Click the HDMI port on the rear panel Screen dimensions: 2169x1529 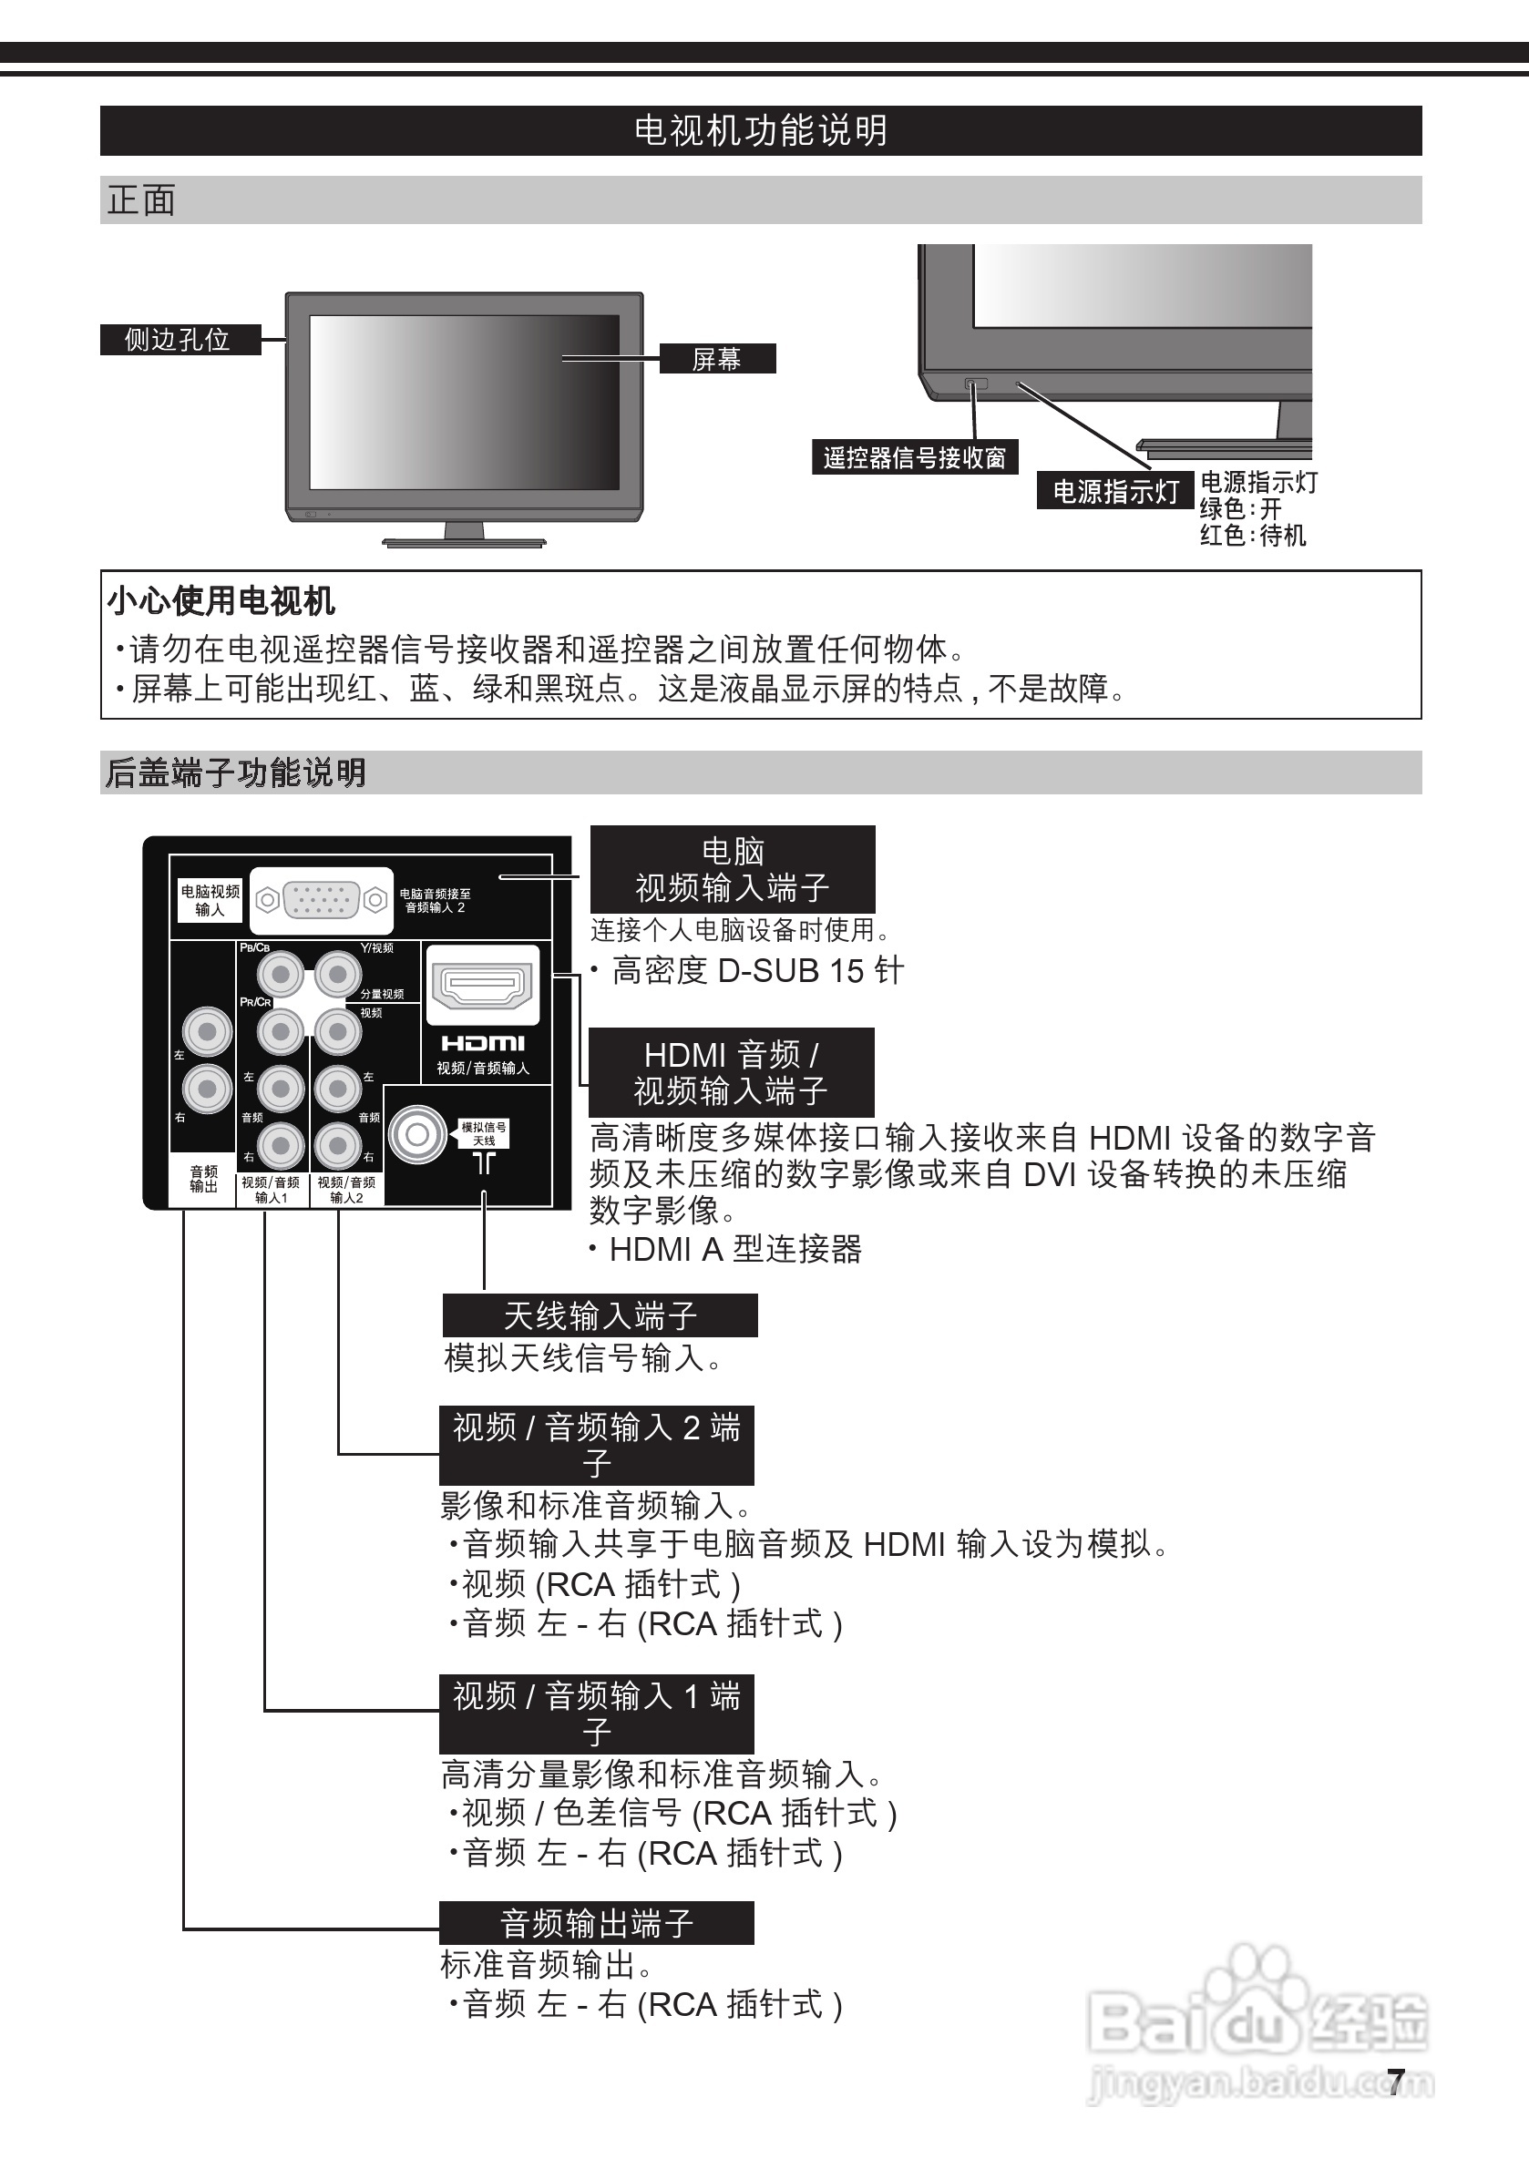482,987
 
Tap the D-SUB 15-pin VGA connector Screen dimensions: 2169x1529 322,899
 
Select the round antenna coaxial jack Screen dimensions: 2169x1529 417,1134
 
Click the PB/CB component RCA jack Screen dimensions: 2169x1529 281,974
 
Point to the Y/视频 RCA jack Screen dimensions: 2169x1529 337,974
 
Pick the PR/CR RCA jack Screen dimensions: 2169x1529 281,1031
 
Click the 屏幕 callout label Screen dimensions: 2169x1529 716,359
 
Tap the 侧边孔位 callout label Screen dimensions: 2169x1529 179,339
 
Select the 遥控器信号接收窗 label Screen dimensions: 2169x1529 914,458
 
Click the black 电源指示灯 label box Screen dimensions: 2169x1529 1115,491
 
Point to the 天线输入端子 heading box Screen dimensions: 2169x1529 600,1316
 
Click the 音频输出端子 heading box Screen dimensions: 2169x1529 596,1923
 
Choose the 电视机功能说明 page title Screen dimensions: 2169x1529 761,130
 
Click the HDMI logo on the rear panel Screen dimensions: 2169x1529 483,1043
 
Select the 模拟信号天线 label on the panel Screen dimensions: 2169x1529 484,1133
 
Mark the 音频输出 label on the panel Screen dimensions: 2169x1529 203,1179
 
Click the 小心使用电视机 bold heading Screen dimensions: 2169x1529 221,601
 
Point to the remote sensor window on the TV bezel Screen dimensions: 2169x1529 975,384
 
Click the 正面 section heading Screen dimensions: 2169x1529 142,200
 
